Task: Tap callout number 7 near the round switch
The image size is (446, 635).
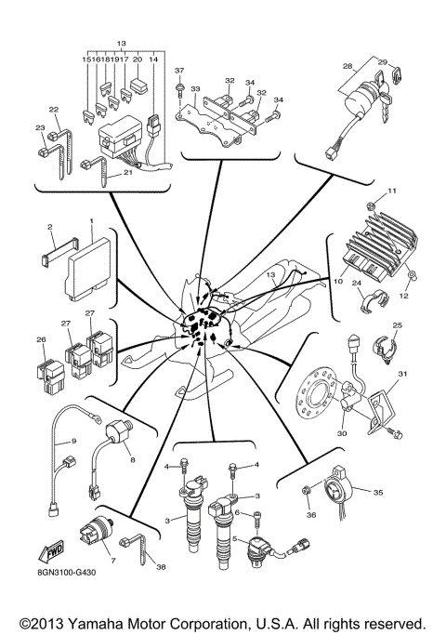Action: (112, 561)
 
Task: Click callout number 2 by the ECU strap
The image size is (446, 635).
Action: (49, 226)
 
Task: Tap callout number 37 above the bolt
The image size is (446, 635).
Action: (179, 71)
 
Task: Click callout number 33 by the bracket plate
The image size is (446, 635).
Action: (196, 89)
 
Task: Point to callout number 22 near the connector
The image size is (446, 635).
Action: (54, 110)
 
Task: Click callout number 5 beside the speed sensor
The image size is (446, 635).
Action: (234, 538)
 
